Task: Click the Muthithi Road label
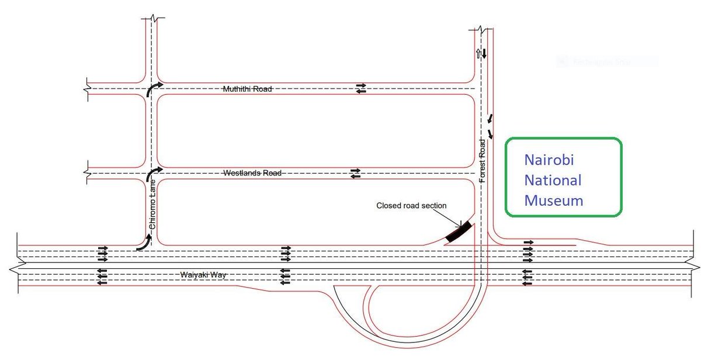(x=248, y=89)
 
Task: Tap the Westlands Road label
(x=254, y=174)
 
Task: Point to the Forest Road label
(x=483, y=161)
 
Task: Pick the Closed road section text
(x=411, y=206)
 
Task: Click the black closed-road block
(x=459, y=232)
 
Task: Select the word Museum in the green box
(x=553, y=200)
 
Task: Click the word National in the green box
(x=553, y=180)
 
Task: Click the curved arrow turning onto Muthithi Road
(x=154, y=88)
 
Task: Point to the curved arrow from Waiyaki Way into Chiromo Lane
(x=144, y=243)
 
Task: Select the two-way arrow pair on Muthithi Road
(x=361, y=88)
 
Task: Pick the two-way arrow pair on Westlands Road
(x=355, y=173)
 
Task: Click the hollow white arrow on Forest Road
(x=478, y=54)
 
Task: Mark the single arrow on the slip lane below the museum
(x=529, y=241)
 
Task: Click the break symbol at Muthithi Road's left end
(x=87, y=88)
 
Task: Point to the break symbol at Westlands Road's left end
(x=87, y=173)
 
